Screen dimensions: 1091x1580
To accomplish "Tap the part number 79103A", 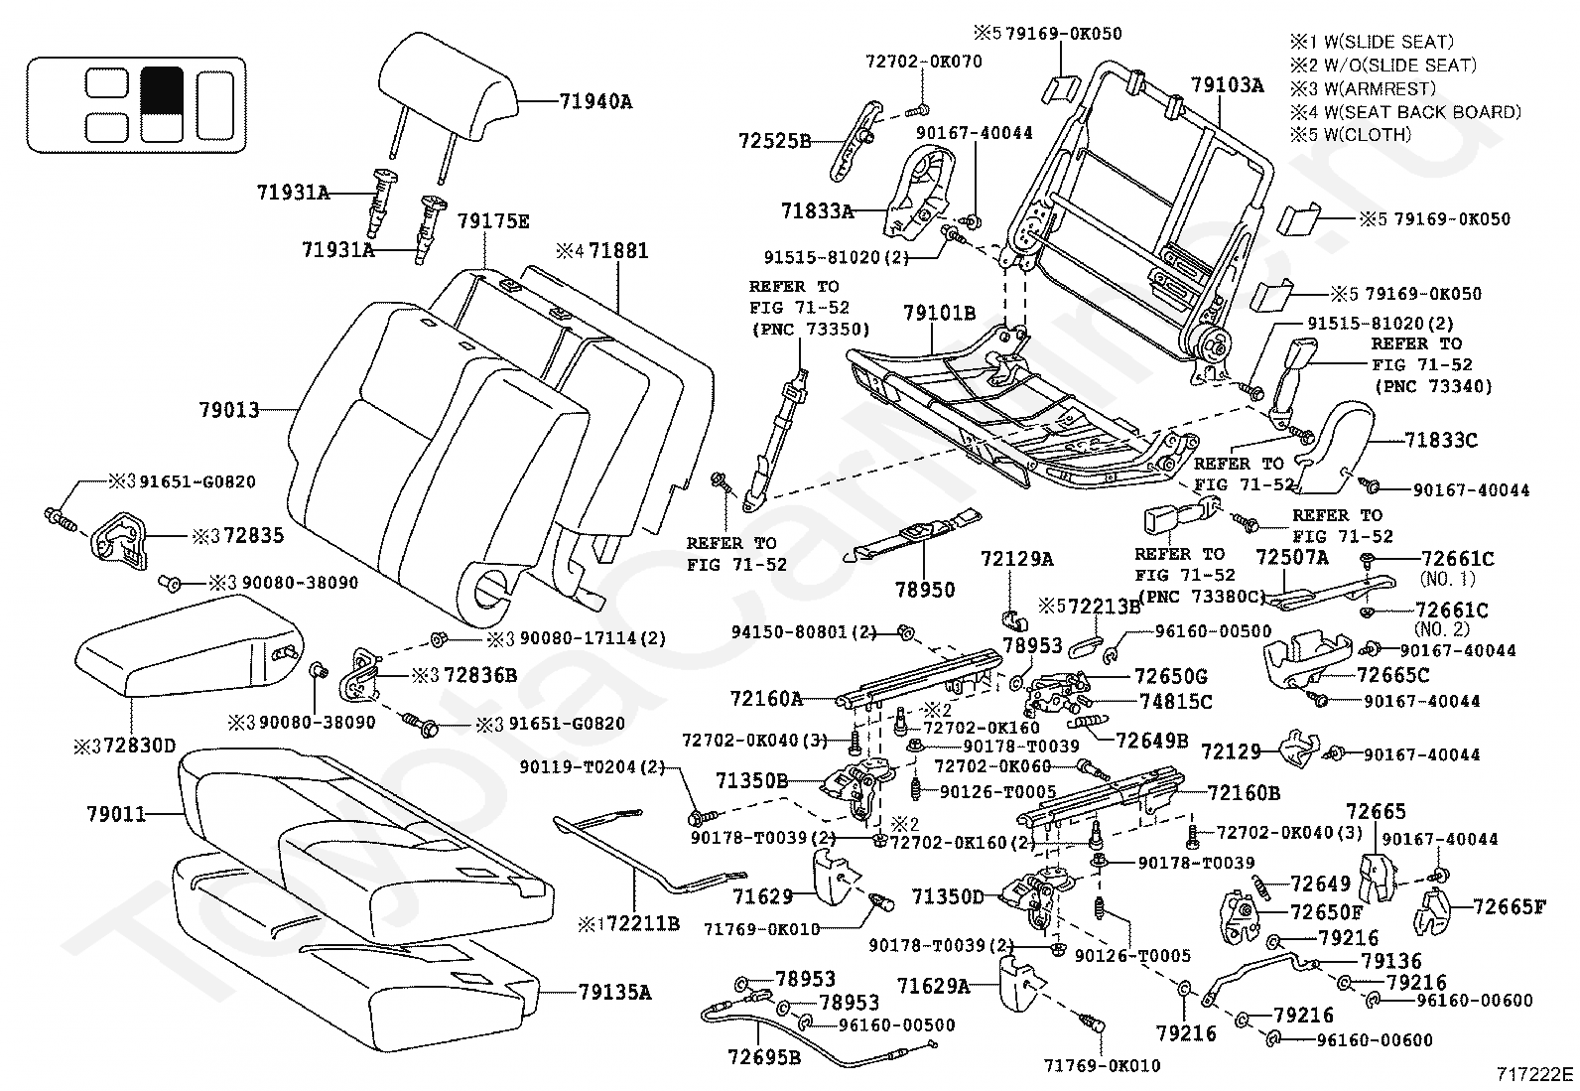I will click(1228, 85).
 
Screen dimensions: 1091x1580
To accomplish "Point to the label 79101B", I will click(939, 314).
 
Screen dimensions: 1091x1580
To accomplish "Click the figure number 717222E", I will click(1535, 1073).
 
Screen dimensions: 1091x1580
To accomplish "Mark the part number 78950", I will click(923, 590).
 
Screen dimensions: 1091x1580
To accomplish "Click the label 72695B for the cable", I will click(764, 1055).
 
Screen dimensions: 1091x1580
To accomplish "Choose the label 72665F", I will click(1509, 905).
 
